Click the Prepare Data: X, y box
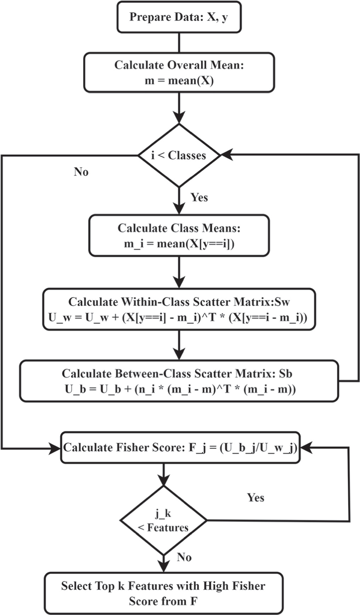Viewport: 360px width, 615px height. point(179,17)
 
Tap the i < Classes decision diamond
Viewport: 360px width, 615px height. point(179,155)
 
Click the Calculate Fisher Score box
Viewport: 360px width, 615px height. point(180,447)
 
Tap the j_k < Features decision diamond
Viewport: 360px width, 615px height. point(163,520)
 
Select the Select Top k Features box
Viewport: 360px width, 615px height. point(163,593)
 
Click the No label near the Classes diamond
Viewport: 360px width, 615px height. point(81,172)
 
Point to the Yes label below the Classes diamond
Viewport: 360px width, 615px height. point(199,197)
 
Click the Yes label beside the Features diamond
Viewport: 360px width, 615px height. point(255,497)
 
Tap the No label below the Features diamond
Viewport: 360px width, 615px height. point(184,557)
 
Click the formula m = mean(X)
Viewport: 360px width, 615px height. point(179,81)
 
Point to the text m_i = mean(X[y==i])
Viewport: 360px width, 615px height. point(179,244)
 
